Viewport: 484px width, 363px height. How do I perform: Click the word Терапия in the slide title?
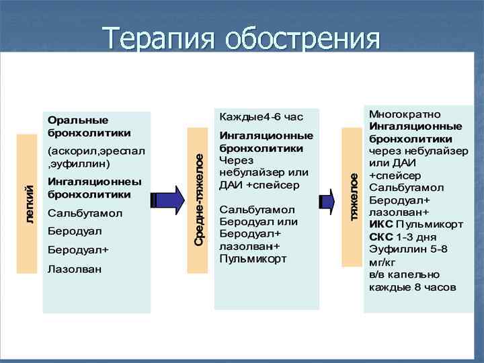point(161,40)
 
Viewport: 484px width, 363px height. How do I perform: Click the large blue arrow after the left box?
point(168,200)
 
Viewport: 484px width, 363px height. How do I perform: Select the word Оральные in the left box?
point(78,120)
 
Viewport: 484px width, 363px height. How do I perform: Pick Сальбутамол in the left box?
point(85,213)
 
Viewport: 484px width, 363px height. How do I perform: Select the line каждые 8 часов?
point(412,287)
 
